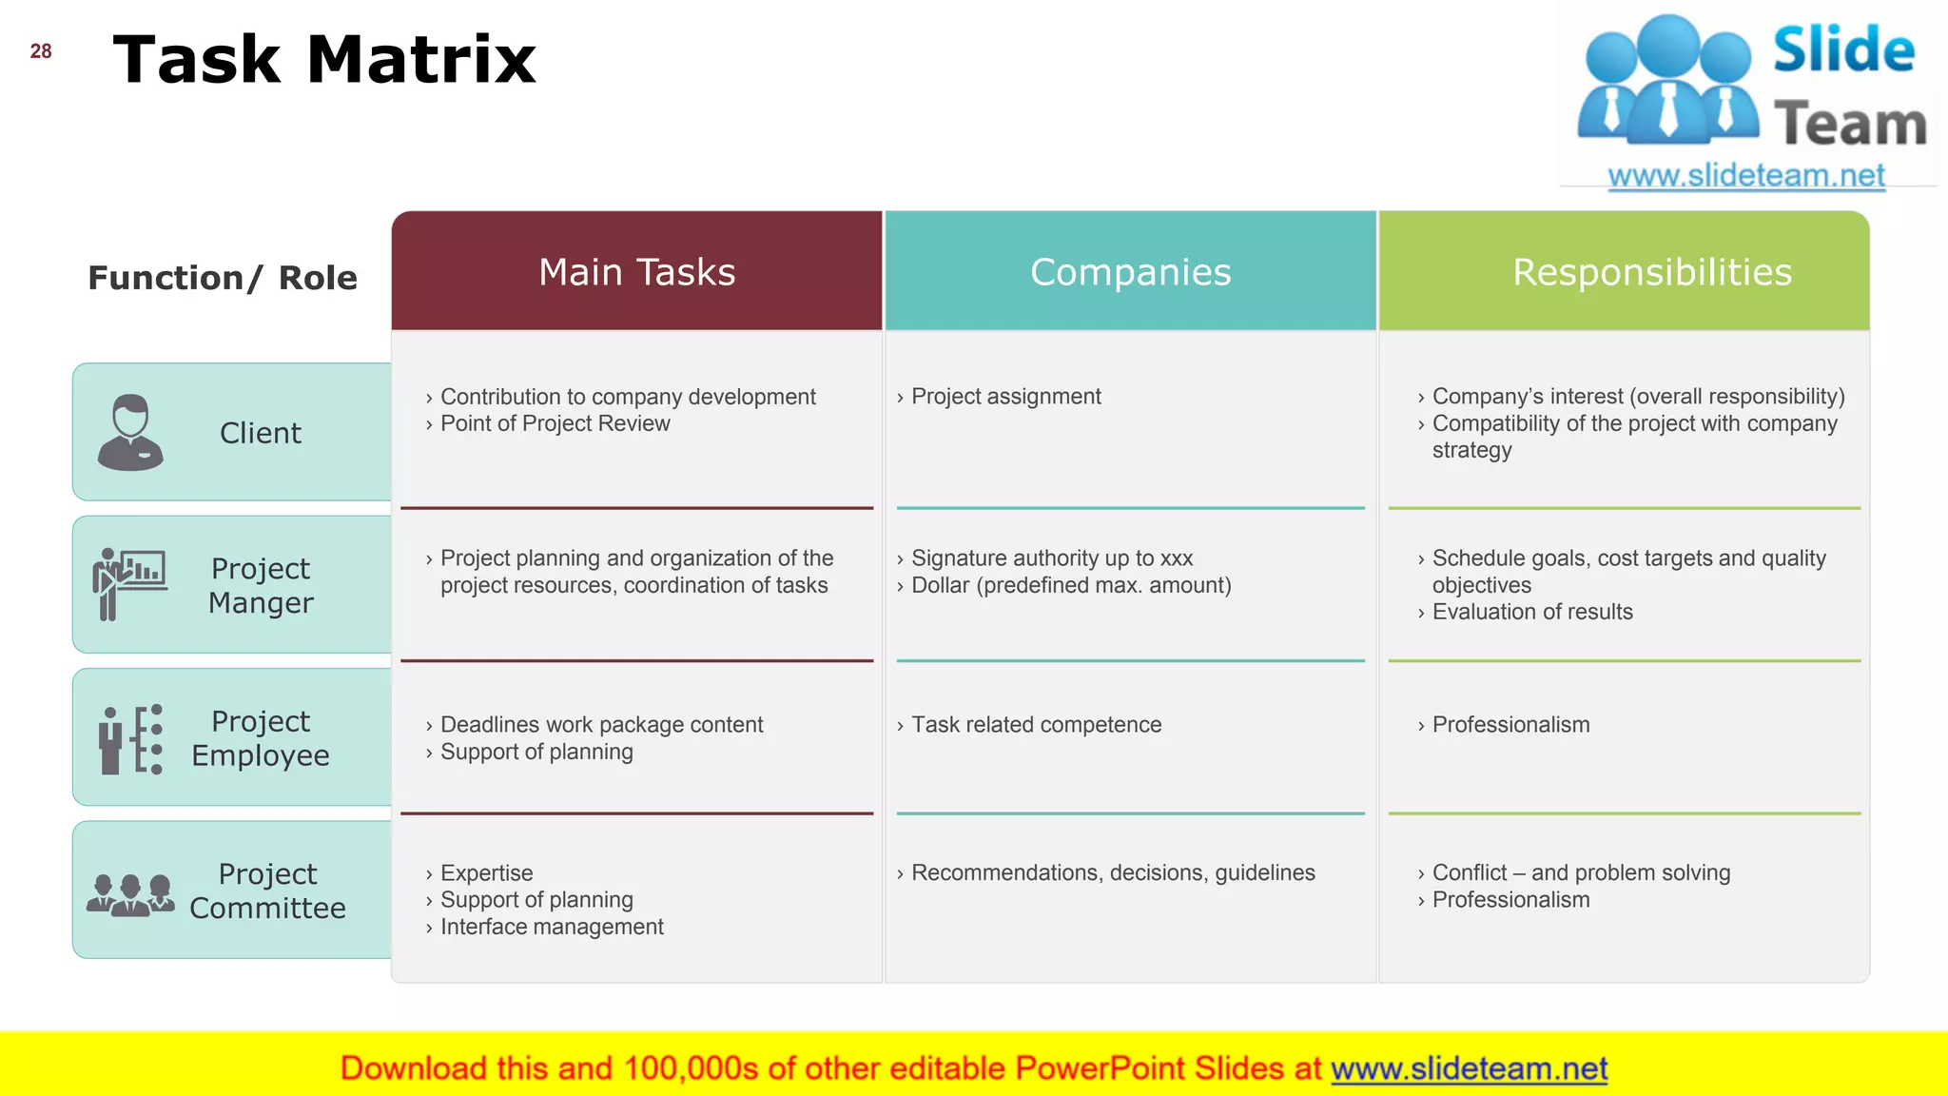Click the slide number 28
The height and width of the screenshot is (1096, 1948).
point(41,51)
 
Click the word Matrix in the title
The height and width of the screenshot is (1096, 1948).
point(421,60)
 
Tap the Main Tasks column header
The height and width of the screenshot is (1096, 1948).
point(636,272)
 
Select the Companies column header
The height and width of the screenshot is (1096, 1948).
point(1130,272)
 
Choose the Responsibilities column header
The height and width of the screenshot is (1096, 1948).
point(1651,272)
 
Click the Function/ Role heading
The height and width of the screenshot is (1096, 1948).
point(223,278)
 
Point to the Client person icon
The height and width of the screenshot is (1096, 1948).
point(130,433)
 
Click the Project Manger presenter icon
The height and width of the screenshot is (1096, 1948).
point(129,583)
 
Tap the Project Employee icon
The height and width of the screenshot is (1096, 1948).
point(130,738)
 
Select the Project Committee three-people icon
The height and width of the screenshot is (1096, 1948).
point(130,894)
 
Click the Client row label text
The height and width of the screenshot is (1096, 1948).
point(260,433)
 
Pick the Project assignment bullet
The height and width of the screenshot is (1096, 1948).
point(1005,397)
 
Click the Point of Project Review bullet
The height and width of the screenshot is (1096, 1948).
point(555,423)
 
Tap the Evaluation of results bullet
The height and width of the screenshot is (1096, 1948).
point(1531,612)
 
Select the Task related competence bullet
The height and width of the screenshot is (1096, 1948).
point(1036,725)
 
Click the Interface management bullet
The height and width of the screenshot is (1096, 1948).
point(552,927)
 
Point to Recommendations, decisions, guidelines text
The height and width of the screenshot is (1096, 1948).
point(1113,872)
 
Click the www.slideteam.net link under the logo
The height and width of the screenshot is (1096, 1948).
point(1745,176)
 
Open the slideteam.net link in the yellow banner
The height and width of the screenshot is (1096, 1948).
point(1469,1068)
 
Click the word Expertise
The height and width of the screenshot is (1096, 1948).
point(486,872)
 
